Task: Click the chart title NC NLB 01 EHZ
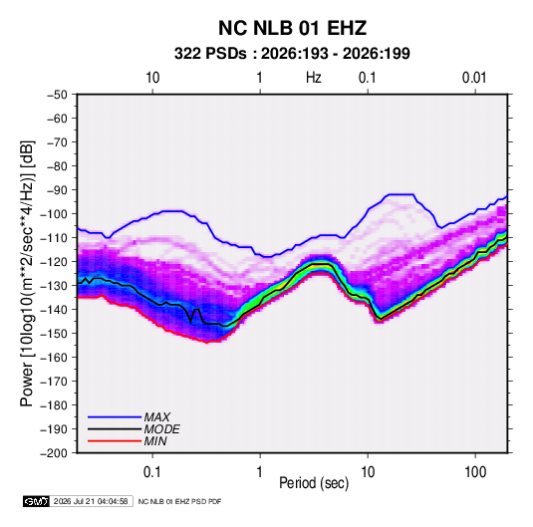(x=292, y=28)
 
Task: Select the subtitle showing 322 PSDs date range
(x=292, y=54)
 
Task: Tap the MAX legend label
(x=156, y=417)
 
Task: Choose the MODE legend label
(x=161, y=429)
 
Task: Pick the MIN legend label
(x=155, y=441)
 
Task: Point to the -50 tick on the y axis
(x=57, y=95)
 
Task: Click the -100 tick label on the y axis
(x=54, y=214)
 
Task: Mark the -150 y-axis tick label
(x=54, y=334)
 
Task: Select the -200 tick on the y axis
(x=54, y=453)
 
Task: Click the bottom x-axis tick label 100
(x=475, y=472)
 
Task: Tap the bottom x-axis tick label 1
(x=260, y=472)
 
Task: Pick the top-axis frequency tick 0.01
(x=474, y=78)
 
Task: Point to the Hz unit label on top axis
(x=314, y=78)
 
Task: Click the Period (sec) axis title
(x=314, y=483)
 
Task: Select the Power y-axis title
(x=27, y=274)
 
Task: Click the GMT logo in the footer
(x=36, y=501)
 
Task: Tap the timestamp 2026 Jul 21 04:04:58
(x=91, y=501)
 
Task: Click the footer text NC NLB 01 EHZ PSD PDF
(x=179, y=501)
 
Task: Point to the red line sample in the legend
(x=115, y=441)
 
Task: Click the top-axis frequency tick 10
(x=152, y=78)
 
